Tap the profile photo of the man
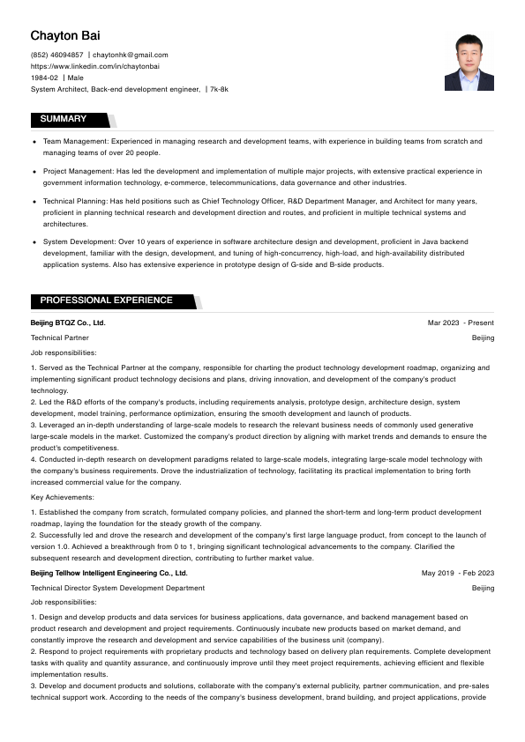(x=469, y=62)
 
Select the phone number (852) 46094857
(x=56, y=55)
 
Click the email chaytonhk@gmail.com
(x=131, y=55)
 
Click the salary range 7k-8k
(x=219, y=89)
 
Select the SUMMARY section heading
(x=64, y=119)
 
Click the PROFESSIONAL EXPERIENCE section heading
(x=106, y=301)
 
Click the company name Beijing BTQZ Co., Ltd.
(x=68, y=323)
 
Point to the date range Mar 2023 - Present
(x=461, y=323)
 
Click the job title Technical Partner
(x=60, y=338)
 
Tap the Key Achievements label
(x=61, y=498)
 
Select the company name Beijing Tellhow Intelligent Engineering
(x=109, y=573)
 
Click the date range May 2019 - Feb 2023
(x=458, y=573)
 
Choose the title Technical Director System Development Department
(x=117, y=588)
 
